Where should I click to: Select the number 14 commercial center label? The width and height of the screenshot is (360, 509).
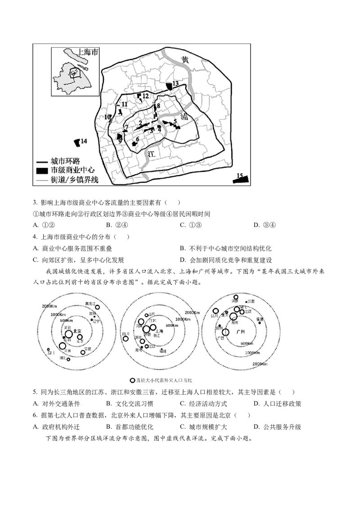tap(84, 141)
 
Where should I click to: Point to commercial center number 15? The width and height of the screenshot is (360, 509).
tap(240, 179)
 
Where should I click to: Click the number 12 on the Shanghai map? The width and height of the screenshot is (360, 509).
tap(145, 96)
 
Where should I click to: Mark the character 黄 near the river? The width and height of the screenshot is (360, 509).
tap(184, 60)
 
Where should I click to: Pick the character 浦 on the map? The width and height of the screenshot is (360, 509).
tap(184, 116)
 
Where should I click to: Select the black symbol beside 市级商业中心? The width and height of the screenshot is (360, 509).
tap(42, 171)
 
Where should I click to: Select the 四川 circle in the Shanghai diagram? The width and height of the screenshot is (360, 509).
tap(126, 339)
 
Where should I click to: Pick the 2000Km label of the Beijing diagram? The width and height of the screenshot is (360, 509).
tap(49, 306)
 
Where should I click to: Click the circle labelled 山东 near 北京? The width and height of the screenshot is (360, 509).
tap(80, 337)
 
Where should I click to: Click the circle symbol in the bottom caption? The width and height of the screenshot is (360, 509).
tap(132, 380)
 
